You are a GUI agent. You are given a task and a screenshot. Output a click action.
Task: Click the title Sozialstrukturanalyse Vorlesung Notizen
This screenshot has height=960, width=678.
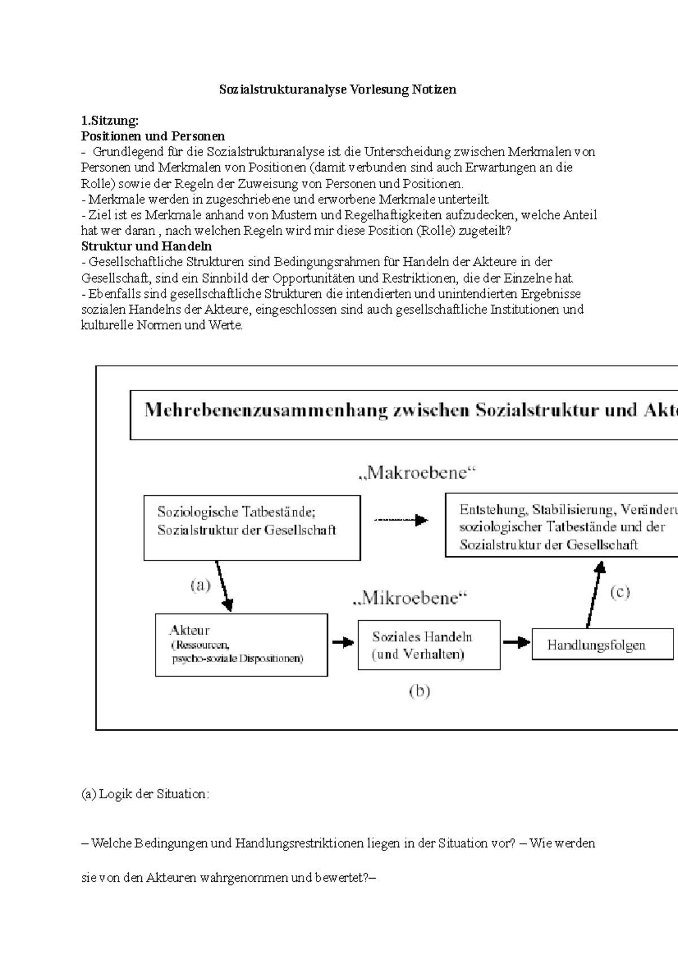(337, 89)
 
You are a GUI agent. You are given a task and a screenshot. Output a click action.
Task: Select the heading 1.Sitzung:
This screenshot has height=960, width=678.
(110, 120)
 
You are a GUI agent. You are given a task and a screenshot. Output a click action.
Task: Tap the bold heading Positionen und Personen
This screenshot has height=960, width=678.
(153, 136)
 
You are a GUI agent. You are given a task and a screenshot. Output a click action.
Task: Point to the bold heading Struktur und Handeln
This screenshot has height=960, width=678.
(146, 247)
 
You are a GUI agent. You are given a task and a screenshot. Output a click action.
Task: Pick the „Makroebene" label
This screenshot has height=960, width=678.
(418, 473)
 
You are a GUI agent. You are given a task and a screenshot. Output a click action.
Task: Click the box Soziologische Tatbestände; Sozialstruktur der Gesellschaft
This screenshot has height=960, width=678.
(251, 527)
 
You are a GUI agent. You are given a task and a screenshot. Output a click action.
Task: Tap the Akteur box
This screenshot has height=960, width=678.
(241, 645)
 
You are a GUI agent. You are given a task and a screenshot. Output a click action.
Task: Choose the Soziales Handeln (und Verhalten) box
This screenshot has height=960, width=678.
(429, 645)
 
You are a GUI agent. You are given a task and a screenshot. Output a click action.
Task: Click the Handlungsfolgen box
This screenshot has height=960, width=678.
(602, 645)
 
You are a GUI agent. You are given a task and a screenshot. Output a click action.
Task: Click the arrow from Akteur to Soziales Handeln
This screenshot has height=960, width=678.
(342, 642)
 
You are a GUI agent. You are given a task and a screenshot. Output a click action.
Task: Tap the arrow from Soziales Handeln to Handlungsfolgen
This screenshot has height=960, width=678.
(516, 642)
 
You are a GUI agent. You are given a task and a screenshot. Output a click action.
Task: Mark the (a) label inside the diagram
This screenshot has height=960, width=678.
(199, 585)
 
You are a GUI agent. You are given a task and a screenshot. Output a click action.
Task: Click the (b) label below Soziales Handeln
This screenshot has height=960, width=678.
(419, 691)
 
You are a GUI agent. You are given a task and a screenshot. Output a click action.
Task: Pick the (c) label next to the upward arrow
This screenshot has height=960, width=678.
(619, 592)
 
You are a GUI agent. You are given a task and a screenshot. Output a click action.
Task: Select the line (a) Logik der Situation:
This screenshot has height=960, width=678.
(145, 794)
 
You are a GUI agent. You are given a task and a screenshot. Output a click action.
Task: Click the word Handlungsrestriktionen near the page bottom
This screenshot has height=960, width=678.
(299, 844)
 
